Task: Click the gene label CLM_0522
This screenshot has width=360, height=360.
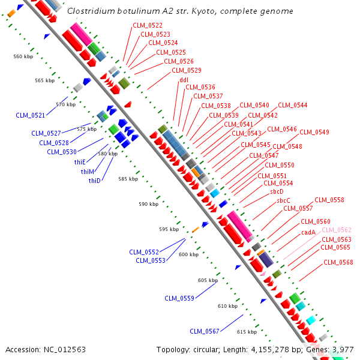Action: [147, 25]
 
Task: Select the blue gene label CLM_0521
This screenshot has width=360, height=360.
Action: [30, 115]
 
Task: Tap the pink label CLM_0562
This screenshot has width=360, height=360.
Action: [337, 230]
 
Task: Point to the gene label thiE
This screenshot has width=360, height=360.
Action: [80, 163]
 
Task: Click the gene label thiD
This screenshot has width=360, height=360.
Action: [94, 181]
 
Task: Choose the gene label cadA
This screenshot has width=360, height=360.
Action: [308, 232]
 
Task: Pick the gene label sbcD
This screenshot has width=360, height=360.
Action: [277, 191]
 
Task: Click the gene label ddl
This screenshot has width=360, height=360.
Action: [184, 80]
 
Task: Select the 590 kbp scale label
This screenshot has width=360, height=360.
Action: [148, 204]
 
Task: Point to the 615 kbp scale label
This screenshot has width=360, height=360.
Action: [247, 332]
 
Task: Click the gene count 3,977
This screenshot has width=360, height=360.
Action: [343, 349]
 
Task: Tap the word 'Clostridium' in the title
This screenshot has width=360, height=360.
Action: [90, 11]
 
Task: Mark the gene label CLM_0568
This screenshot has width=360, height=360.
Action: [338, 262]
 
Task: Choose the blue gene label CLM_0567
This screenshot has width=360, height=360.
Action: [205, 331]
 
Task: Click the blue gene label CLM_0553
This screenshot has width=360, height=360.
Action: [150, 260]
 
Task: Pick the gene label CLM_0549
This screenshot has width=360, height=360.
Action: [314, 132]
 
